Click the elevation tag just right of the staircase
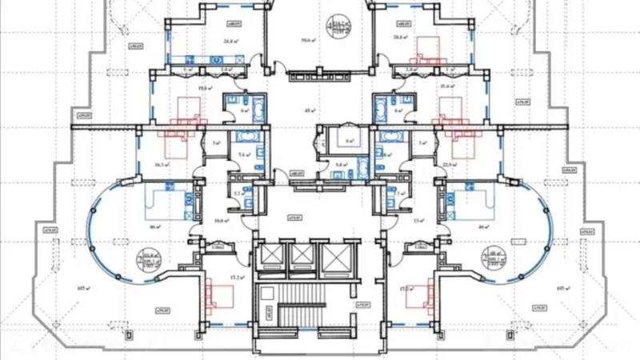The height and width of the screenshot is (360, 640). pos(362,304)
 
